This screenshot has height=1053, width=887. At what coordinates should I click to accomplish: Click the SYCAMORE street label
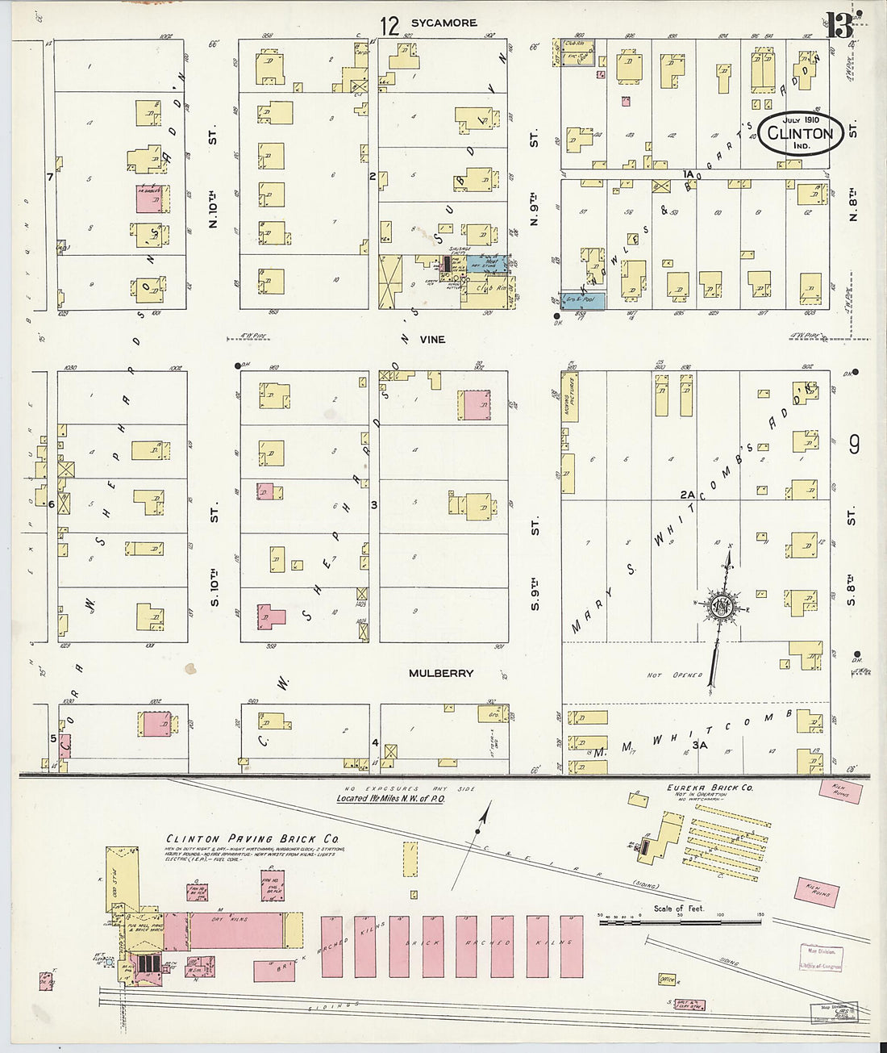443,23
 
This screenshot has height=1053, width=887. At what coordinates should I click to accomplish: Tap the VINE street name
431,340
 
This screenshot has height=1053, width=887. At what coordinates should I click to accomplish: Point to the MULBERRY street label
441,673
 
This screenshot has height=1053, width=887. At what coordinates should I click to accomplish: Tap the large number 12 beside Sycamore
389,26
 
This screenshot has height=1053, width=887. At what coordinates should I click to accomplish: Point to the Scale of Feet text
678,909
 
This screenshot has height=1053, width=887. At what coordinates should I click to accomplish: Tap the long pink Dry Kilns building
235,930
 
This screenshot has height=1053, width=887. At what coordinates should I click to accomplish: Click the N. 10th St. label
214,210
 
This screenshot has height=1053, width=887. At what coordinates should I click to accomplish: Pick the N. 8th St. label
852,203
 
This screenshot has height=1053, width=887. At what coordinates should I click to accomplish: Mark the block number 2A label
687,494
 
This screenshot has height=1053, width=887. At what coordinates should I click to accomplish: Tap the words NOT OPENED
675,675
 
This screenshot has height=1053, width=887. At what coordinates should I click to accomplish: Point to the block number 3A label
699,745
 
